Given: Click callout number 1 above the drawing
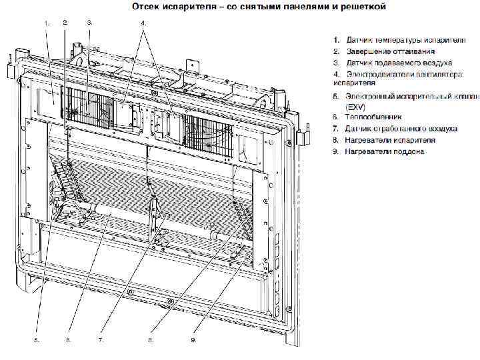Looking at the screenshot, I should pos(47,23).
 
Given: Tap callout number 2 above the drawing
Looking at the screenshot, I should pos(65,23).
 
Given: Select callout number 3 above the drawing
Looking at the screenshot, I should pos(89,23).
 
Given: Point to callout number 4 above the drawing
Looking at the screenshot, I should pos(143,23).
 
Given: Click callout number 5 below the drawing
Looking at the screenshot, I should pos(37,339).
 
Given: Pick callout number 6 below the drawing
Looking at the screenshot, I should pos(68,339).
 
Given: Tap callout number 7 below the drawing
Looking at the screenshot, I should pos(101,339).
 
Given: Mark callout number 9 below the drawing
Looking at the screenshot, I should pos(193,339).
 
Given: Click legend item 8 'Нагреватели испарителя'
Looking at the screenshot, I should pos(389,140).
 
